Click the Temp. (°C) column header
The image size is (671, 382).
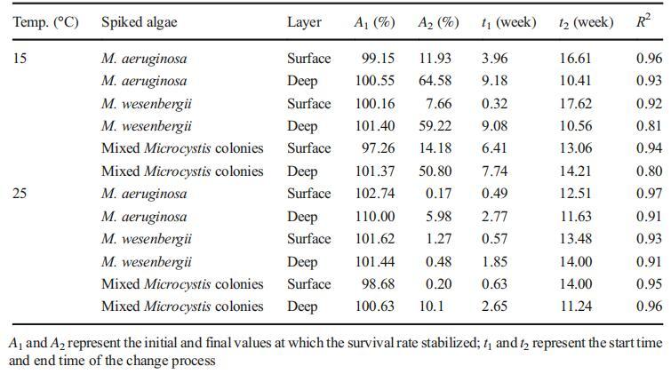[x=44, y=21]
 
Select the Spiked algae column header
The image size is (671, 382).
[x=140, y=21]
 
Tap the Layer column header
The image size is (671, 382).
[x=304, y=21]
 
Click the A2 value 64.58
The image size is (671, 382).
[x=435, y=81]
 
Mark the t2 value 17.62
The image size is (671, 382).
[x=575, y=103]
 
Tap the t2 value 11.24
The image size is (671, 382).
[x=575, y=306]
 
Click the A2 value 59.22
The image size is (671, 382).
[x=435, y=126]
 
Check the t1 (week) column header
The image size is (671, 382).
[x=507, y=21]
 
